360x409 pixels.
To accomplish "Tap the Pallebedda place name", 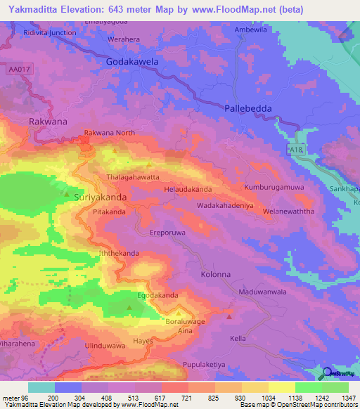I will tap(248, 108).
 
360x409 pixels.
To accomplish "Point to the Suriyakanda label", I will tap(101, 198).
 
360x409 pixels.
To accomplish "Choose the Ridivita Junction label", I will tap(49, 32).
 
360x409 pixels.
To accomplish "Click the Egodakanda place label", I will tap(157, 296).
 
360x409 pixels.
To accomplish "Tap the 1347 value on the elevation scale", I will tap(349, 398).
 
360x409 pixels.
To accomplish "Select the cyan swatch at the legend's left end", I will tap(41, 387).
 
